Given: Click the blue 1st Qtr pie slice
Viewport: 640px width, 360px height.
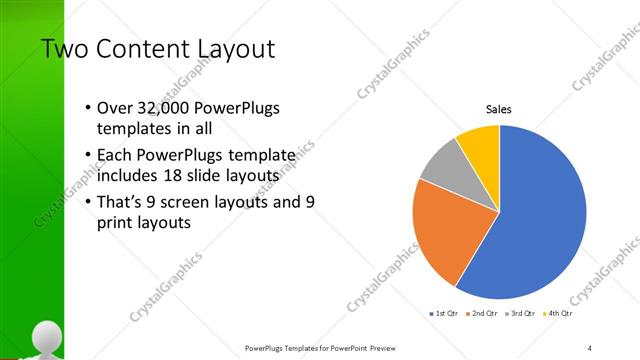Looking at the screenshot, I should [x=540, y=220].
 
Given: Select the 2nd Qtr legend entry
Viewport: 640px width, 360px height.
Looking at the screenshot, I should [x=484, y=313].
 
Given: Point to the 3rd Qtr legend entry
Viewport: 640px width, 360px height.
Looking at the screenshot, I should [x=521, y=313].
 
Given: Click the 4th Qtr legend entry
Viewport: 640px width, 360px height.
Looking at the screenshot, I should [x=558, y=313].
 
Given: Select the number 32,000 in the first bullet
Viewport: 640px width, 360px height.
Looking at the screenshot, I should [x=158, y=108].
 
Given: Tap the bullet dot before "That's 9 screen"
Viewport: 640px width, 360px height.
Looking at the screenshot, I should [x=88, y=201].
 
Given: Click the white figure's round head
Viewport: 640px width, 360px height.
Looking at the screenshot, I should [x=44, y=337].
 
